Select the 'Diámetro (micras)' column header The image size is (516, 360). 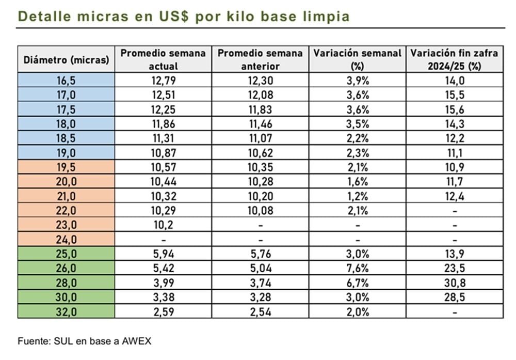[x=67, y=59]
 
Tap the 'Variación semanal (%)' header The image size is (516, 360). [x=358, y=59]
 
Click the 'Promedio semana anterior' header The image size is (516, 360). [x=260, y=59]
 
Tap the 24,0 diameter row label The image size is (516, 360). [x=67, y=240]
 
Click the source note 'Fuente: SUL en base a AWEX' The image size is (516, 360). [x=85, y=341]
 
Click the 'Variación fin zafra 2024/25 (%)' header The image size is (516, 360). [x=454, y=59]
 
